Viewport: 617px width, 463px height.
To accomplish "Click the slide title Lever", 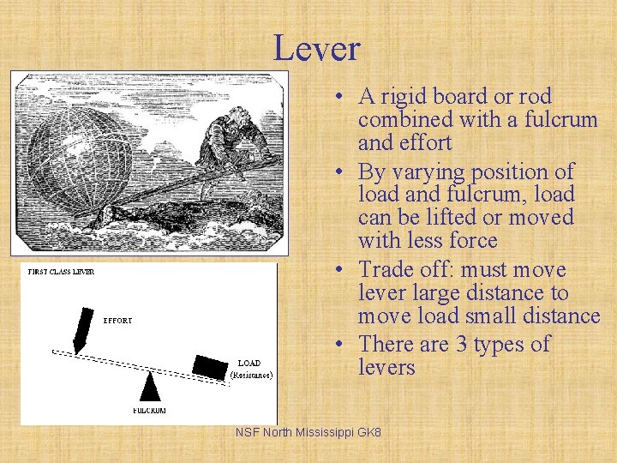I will (x=316, y=49).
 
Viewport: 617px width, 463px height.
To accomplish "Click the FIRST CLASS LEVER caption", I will (x=61, y=272).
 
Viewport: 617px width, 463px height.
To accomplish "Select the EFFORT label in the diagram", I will (x=118, y=321).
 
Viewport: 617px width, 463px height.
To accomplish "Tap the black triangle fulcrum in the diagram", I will (x=150, y=388).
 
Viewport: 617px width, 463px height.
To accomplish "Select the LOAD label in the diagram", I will (x=249, y=364).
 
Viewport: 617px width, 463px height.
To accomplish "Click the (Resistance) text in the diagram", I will (x=251, y=375).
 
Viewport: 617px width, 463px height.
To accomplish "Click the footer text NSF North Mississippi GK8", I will (x=308, y=432).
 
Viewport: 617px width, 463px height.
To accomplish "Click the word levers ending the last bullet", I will (x=386, y=368).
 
